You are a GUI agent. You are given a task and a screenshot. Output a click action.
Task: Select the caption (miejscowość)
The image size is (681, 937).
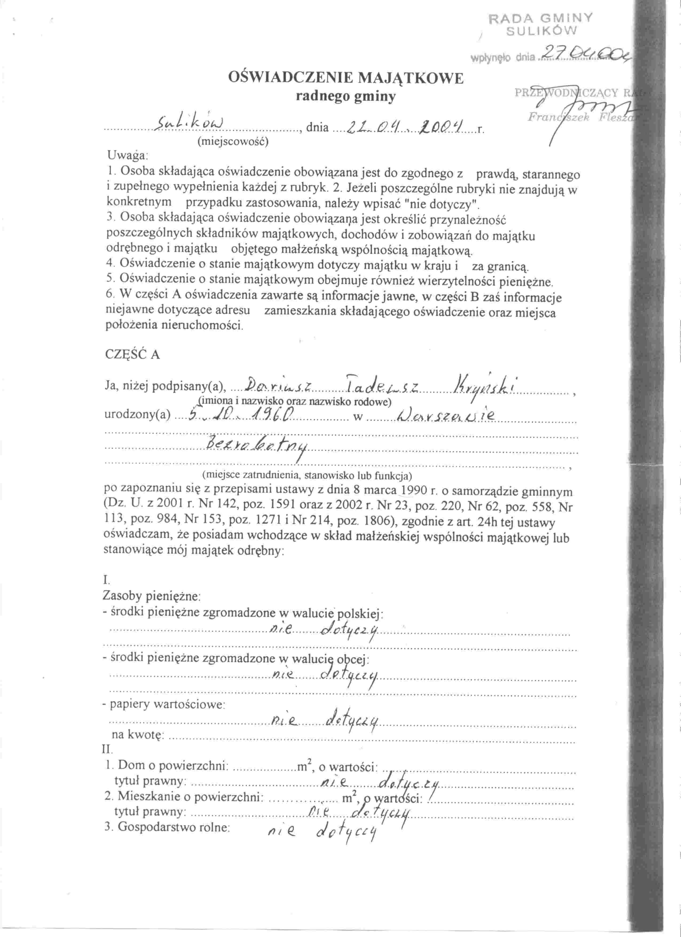coord(233,142)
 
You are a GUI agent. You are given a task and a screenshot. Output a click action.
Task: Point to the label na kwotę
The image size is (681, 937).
coord(138,735)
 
